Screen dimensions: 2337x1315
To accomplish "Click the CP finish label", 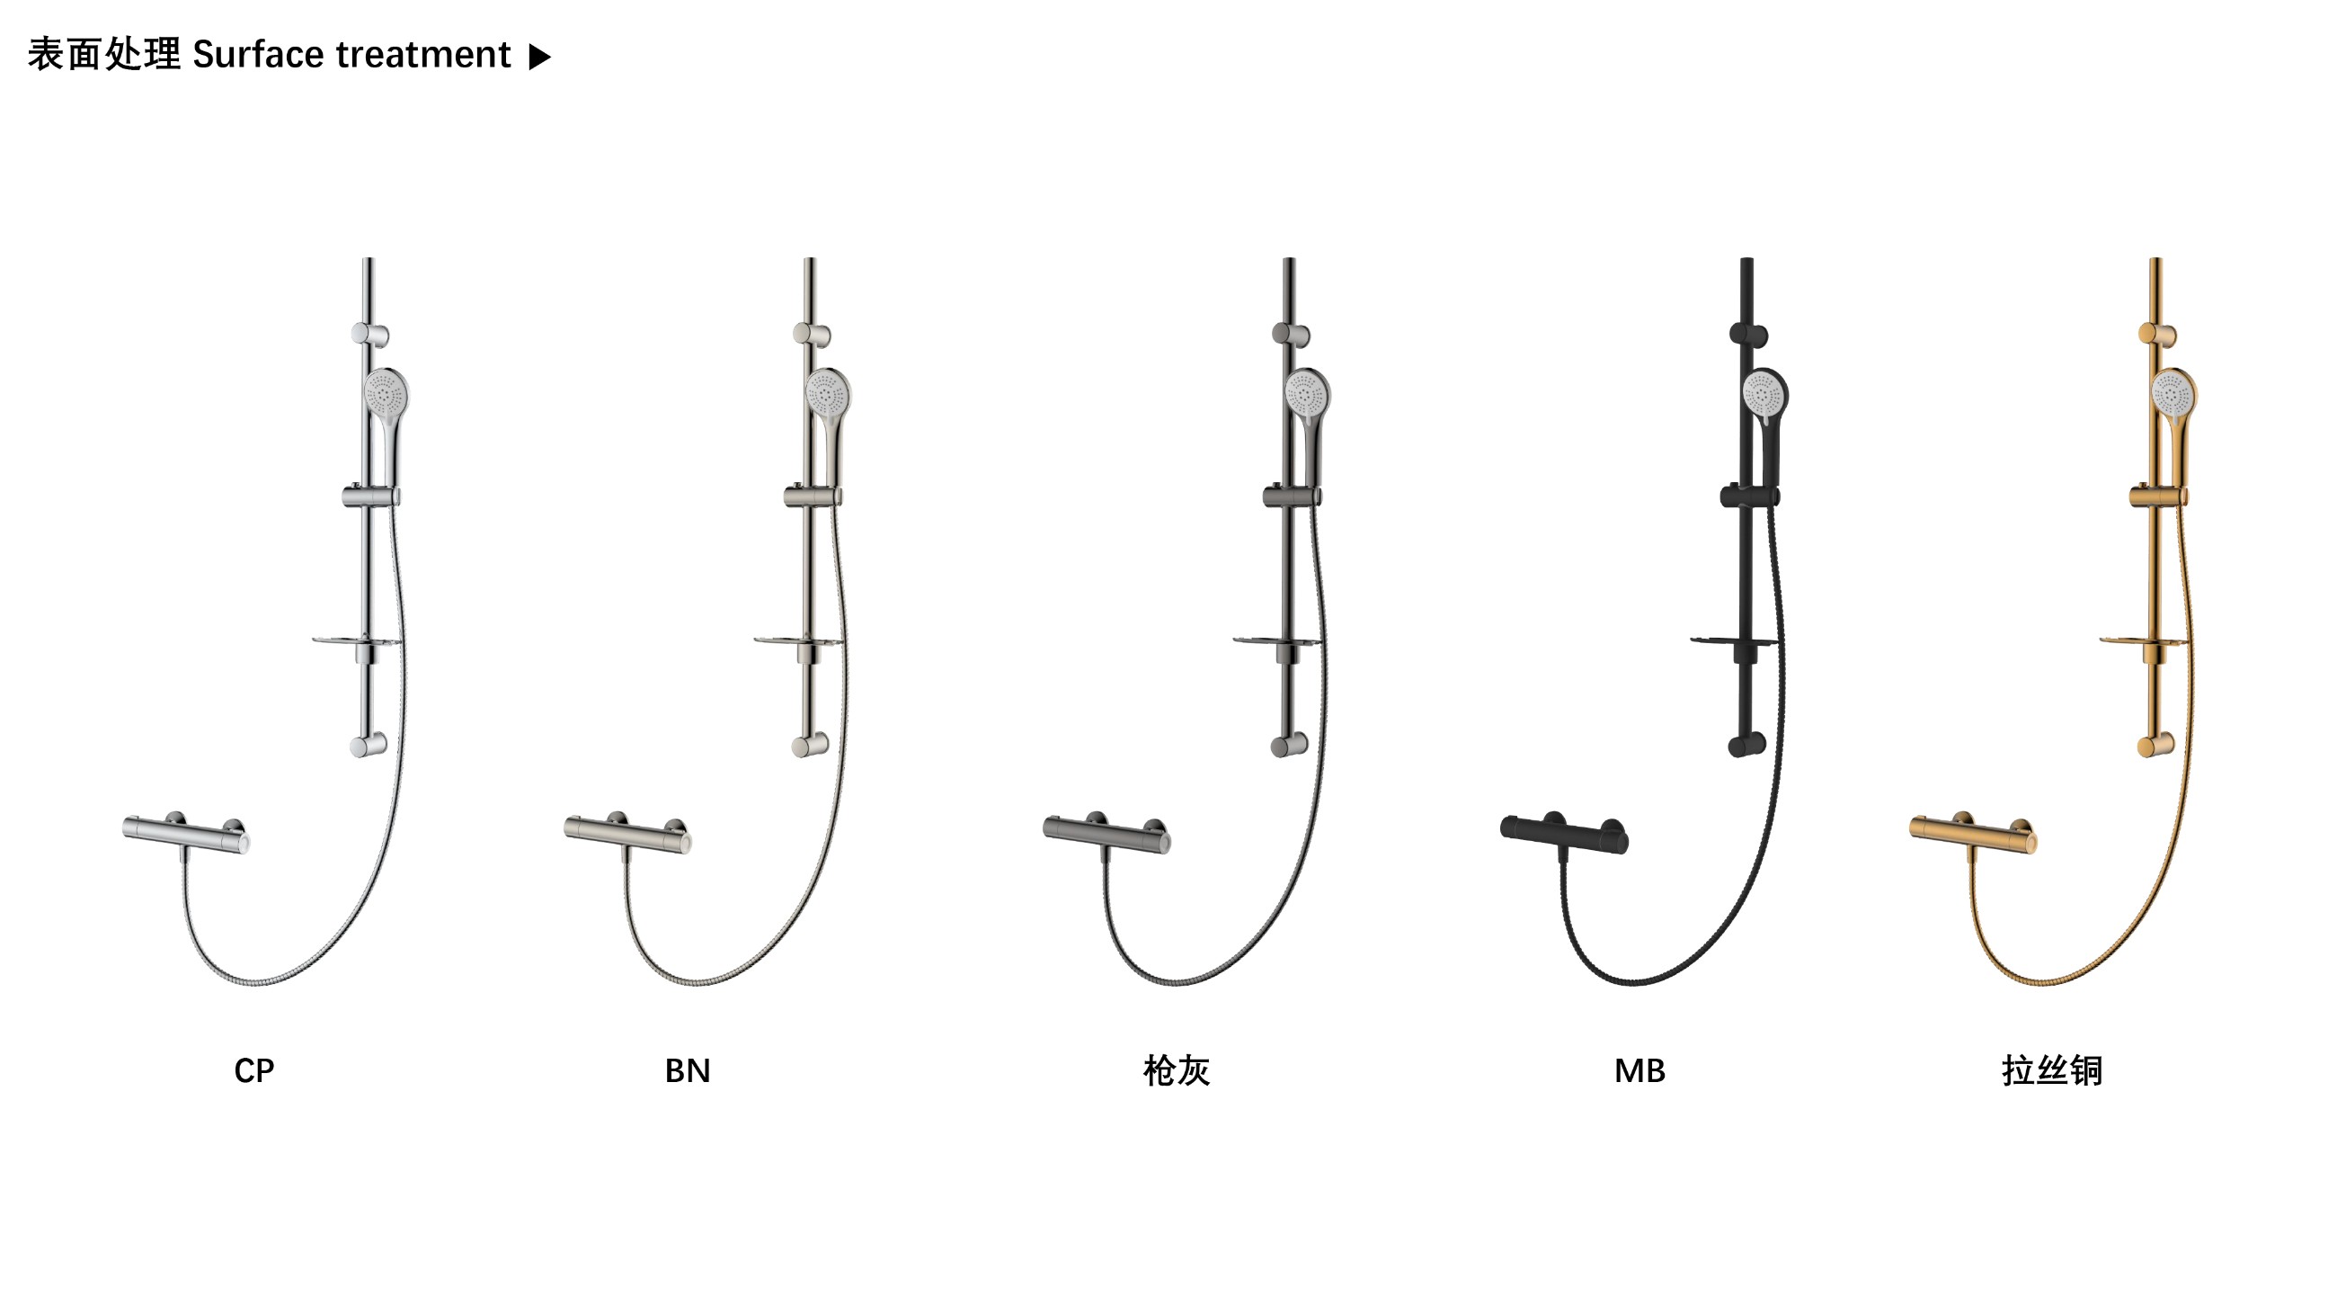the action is [254, 1071].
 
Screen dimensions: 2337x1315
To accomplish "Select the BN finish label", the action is [688, 1071].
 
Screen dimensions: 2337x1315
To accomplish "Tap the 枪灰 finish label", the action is [1177, 1071].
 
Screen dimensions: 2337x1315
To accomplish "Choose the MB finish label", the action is [1639, 1071].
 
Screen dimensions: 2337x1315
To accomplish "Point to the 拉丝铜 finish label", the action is [2052, 1071].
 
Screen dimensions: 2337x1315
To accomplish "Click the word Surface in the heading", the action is [259, 55].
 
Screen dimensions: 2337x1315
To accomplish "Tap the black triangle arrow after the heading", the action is [540, 58].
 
